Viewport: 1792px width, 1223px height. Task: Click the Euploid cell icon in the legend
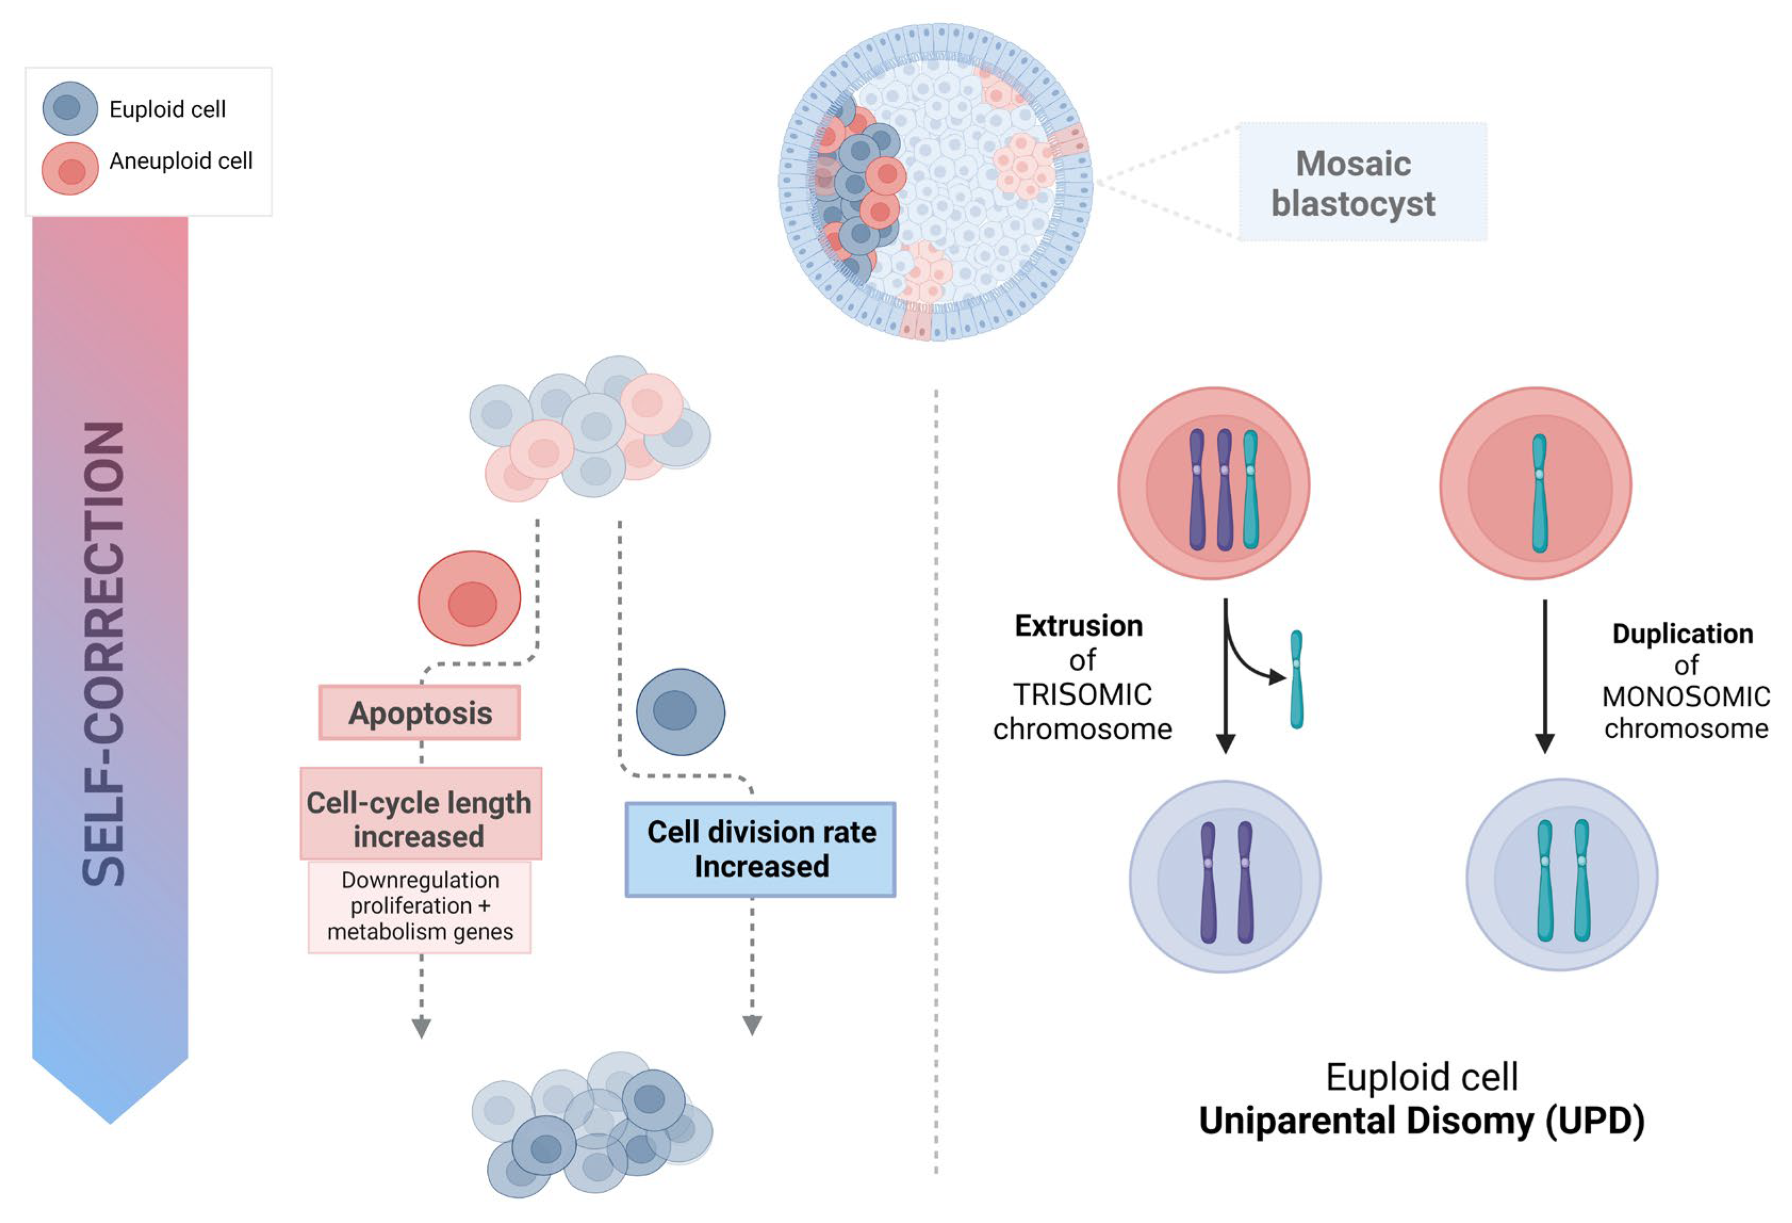[x=69, y=108]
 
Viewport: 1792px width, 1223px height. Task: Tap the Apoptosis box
[x=420, y=713]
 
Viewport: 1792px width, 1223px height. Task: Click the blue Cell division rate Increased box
[x=760, y=849]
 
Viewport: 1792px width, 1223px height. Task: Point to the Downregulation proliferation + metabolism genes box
[x=420, y=906]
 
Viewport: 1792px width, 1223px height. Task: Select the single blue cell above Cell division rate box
[x=680, y=711]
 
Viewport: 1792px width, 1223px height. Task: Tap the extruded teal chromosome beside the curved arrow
[x=1296, y=679]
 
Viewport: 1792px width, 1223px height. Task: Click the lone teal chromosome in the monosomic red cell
[x=1539, y=494]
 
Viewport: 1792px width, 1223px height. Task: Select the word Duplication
[x=1682, y=633]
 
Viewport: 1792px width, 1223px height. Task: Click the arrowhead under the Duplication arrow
[x=1544, y=743]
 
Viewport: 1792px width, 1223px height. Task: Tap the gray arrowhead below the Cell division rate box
[x=752, y=1025]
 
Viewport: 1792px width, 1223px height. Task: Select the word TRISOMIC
[x=1082, y=694]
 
